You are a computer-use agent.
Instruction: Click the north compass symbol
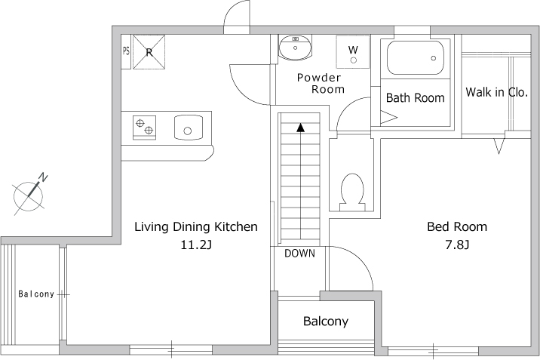tap(30, 193)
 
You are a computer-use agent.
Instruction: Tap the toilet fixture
tap(351, 191)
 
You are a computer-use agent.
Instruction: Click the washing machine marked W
tap(353, 51)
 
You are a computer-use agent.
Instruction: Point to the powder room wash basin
tap(295, 48)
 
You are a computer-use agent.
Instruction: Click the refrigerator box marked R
tap(149, 52)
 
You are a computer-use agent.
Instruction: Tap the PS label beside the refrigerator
tap(126, 52)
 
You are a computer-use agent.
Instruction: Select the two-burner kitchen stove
tap(144, 127)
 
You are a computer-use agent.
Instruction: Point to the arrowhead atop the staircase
tap(301, 127)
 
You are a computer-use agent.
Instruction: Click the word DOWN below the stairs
tap(299, 254)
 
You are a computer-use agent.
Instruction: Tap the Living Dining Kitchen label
tap(196, 226)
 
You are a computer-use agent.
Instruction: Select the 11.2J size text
tap(195, 245)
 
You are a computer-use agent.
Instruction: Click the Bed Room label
tap(457, 226)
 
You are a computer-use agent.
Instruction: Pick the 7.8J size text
tap(457, 245)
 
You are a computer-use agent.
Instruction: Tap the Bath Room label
tap(415, 98)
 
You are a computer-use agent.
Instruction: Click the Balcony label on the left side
tap(36, 294)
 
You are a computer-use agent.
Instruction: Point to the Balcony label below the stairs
tap(326, 322)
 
